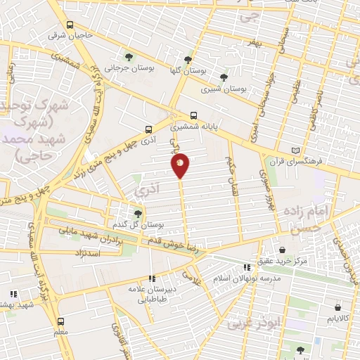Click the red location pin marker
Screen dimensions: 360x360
point(180,166)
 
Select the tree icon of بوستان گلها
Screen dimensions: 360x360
point(187,60)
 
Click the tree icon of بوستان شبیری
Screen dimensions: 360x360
point(224,77)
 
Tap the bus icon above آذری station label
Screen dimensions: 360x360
point(148,129)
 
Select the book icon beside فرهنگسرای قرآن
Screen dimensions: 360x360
point(295,150)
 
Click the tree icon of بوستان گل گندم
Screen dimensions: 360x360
point(138,213)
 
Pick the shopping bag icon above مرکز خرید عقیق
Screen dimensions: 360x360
point(282,250)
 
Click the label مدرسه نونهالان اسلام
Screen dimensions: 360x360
point(251,278)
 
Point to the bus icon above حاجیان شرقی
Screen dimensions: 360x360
point(61,22)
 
